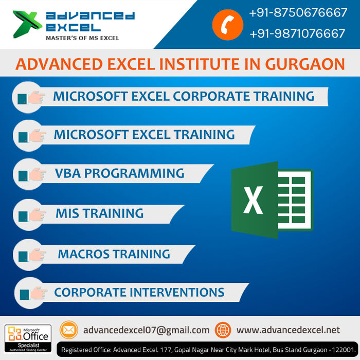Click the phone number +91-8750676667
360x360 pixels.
[298, 12]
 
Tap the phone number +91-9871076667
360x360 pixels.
[298, 33]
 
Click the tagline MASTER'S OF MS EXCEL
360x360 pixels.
[82, 38]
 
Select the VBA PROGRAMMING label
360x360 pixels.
[119, 173]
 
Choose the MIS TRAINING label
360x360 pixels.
[99, 213]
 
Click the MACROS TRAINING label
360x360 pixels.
[114, 254]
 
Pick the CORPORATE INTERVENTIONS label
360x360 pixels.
[139, 293]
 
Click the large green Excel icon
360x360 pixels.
[271, 200]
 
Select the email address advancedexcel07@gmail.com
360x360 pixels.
[147, 330]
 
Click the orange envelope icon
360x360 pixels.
[69, 330]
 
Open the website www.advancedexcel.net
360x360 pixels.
[288, 330]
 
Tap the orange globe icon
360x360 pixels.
[223, 330]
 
